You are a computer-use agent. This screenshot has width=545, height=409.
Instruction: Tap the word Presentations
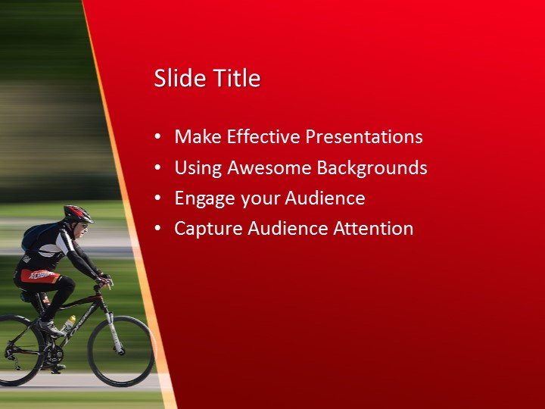coord(364,137)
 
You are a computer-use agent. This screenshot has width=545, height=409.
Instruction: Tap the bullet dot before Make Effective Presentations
coord(157,137)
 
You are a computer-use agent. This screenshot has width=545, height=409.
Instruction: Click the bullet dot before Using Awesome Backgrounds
coord(157,167)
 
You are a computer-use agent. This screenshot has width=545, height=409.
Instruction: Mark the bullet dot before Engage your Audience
coord(157,198)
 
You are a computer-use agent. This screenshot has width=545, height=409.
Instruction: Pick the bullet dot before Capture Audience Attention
coord(157,229)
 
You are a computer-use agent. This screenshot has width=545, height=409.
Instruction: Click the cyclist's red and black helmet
coord(77,213)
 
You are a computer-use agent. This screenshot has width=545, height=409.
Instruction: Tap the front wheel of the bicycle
coord(121,351)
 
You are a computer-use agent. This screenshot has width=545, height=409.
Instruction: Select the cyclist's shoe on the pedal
coord(51,329)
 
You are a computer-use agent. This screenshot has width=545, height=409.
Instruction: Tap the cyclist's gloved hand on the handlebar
coord(104,279)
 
